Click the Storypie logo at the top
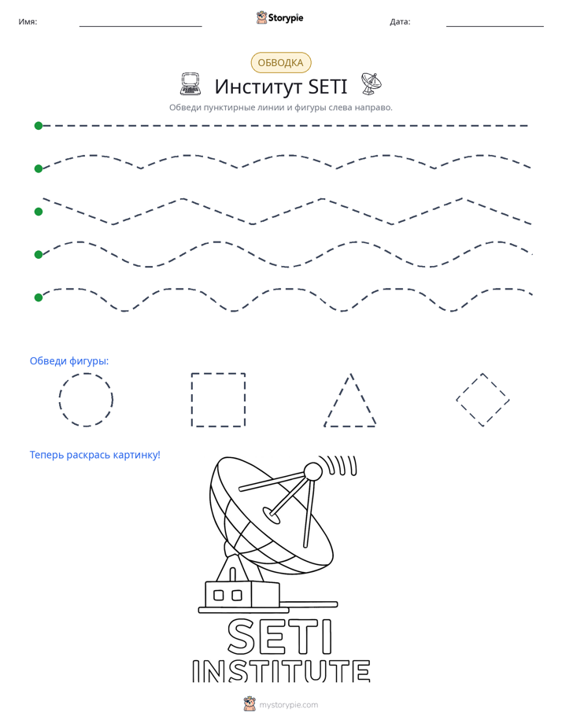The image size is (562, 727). pyautogui.click(x=279, y=17)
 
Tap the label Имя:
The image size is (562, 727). pyautogui.click(x=28, y=21)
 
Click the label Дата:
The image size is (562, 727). pyautogui.click(x=400, y=21)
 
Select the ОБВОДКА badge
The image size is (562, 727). pyautogui.click(x=280, y=63)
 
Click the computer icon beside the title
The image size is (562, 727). pyautogui.click(x=190, y=84)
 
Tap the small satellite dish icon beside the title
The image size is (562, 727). pyautogui.click(x=371, y=84)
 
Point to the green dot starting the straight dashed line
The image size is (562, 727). pyautogui.click(x=39, y=126)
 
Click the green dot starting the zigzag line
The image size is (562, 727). pyautogui.click(x=39, y=212)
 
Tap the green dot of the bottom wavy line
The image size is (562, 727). pyautogui.click(x=39, y=297)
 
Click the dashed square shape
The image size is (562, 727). pyautogui.click(x=192, y=400)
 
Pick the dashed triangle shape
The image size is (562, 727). pyautogui.click(x=337, y=400)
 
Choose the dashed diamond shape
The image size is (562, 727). pyautogui.click(x=469, y=386)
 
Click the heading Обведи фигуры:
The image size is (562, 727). pyautogui.click(x=69, y=360)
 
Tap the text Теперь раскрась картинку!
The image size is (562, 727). pyautogui.click(x=95, y=455)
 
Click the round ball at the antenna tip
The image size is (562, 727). pyautogui.click(x=312, y=472)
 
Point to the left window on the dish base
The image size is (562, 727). pyautogui.click(x=218, y=594)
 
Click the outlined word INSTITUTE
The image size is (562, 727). pyautogui.click(x=281, y=671)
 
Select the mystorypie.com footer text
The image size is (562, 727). pyautogui.click(x=288, y=705)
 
